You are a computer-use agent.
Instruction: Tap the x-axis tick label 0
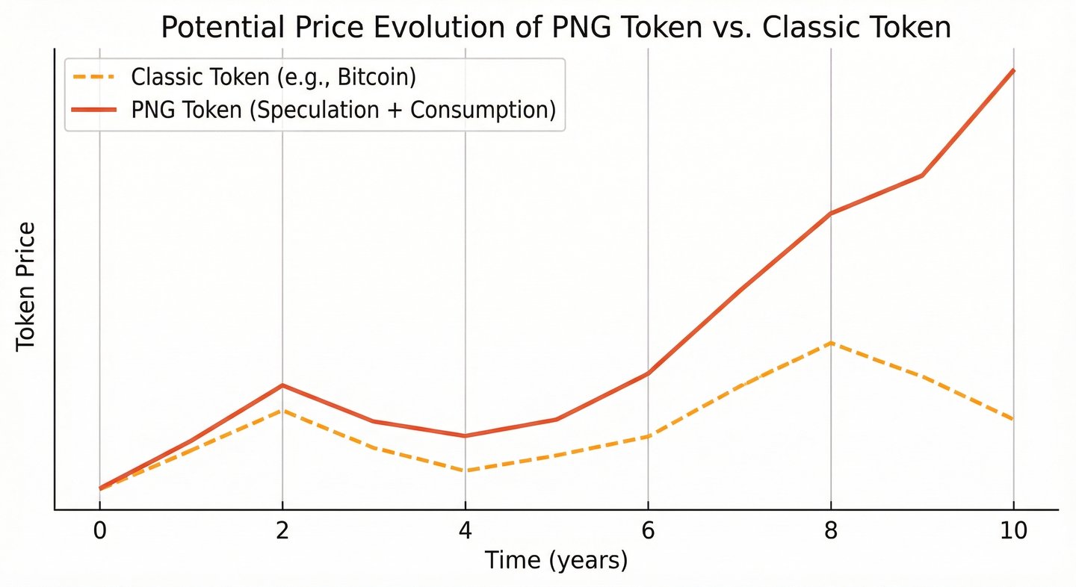pos(99,532)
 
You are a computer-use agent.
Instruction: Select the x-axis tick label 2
pos(282,532)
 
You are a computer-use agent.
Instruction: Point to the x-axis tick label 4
pos(465,532)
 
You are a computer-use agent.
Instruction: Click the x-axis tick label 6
pos(648,532)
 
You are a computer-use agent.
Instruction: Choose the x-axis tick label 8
pos(830,532)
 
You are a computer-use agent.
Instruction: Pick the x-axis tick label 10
pos(1013,532)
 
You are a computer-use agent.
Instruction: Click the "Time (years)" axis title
pos(556,560)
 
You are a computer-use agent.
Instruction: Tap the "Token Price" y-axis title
pos(27,286)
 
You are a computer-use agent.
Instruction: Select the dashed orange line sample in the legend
pos(93,77)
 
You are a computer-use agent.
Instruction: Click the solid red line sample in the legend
pos(93,110)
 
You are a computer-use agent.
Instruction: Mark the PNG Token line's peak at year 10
pos(1013,70)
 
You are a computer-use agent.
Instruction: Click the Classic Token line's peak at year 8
pos(830,343)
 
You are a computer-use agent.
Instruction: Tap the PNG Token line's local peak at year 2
pos(282,385)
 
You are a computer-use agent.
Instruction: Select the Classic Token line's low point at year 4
pos(465,470)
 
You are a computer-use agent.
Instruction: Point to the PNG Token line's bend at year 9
pos(923,176)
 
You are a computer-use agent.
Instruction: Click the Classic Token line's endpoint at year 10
pos(1013,420)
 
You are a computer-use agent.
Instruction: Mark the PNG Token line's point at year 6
pos(648,373)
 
